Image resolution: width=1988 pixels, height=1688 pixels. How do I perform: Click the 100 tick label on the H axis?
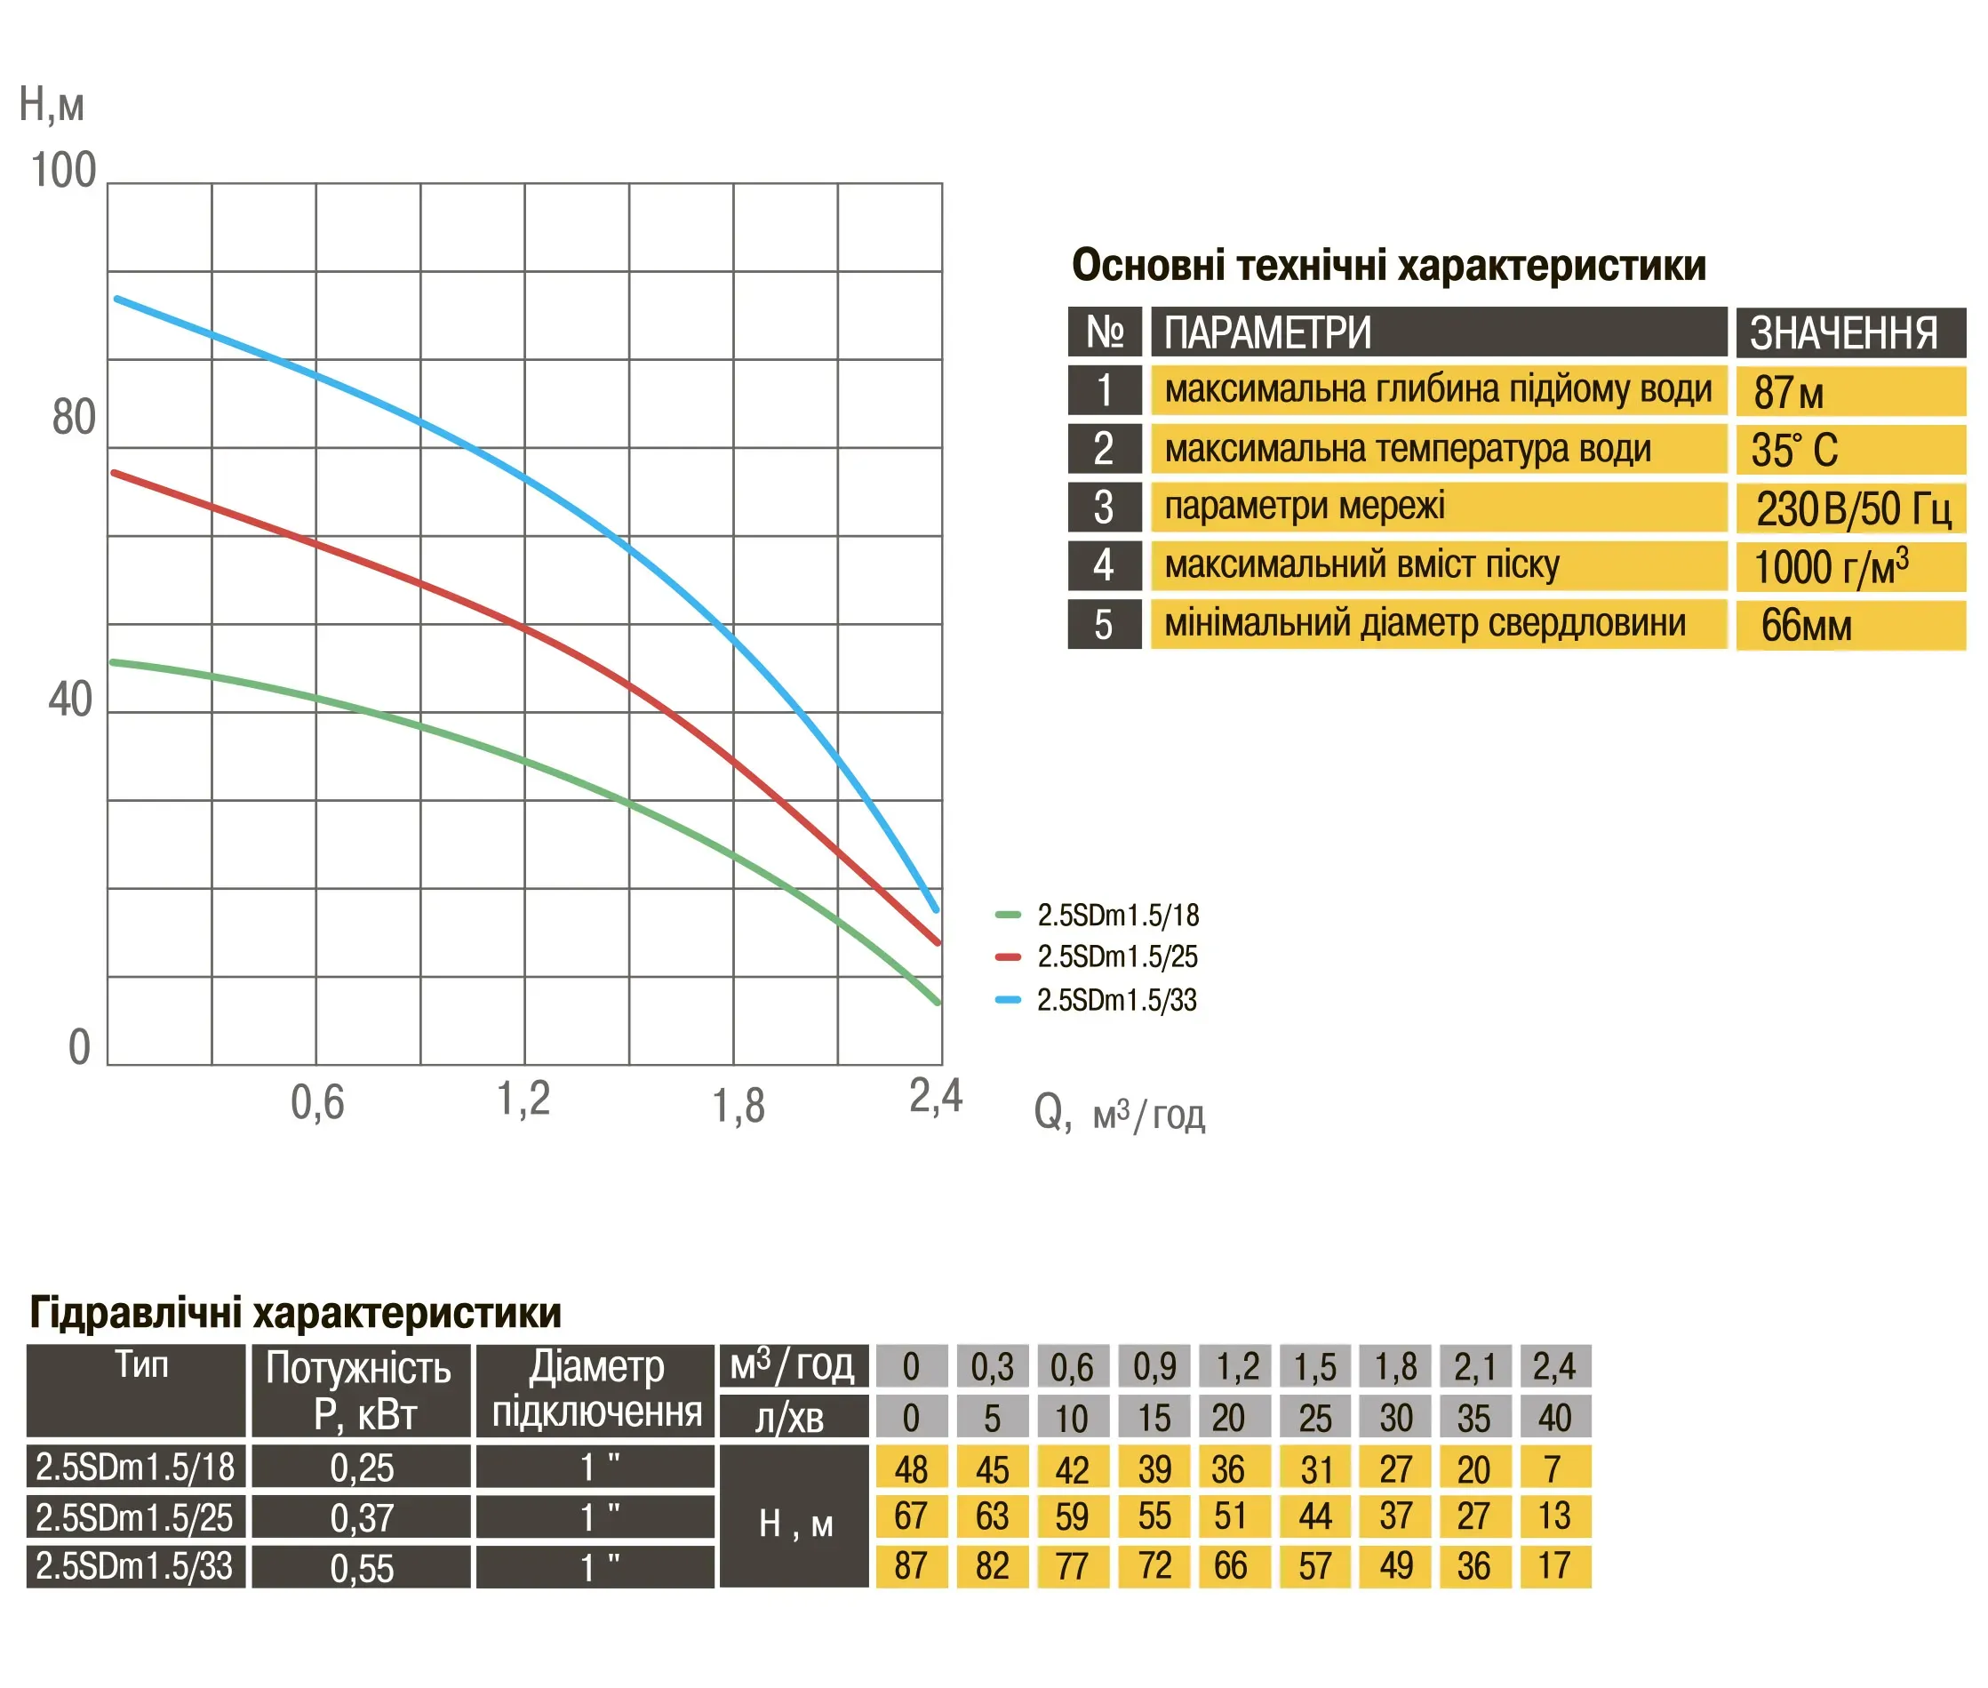coord(64,172)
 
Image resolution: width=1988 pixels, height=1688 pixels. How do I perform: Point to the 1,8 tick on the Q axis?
coord(738,1105)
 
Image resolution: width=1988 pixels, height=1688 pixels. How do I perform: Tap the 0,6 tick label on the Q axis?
coord(316,1102)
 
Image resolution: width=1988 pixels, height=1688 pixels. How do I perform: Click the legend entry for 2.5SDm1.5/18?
coord(1116,916)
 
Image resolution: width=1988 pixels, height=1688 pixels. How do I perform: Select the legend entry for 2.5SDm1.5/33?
coord(1116,1000)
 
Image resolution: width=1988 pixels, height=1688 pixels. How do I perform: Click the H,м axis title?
coord(52,104)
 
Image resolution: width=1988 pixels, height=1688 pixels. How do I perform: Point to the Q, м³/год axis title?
coord(1118,1113)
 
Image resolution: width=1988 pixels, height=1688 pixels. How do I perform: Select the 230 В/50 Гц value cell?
coord(1851,508)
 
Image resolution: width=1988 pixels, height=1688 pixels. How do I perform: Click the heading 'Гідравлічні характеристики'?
coord(296,1312)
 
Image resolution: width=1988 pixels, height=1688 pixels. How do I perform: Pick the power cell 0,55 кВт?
coord(362,1567)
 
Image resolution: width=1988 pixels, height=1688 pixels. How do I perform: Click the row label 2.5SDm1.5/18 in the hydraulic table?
coord(135,1467)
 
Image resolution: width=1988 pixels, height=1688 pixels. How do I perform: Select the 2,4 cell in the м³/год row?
coord(1553,1366)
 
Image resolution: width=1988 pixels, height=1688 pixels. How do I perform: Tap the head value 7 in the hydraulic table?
coord(1553,1468)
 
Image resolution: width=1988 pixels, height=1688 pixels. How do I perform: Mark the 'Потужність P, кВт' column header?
coord(360,1390)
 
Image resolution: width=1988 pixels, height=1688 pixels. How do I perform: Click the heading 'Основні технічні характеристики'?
coord(1387,265)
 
